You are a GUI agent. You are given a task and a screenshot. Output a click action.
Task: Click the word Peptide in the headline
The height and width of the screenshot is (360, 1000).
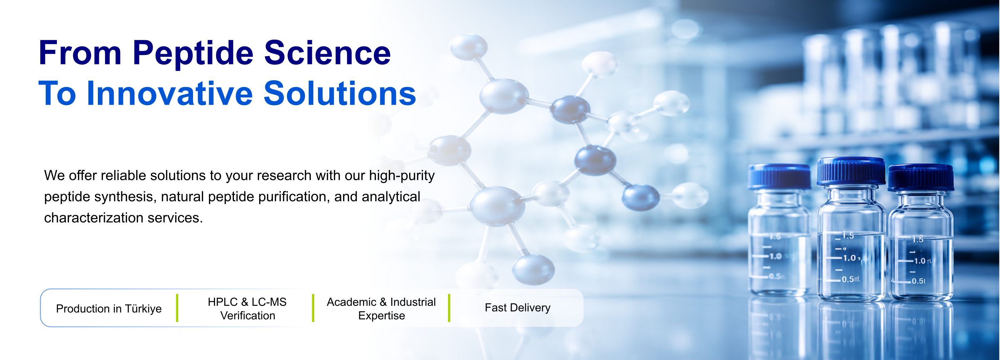(193, 53)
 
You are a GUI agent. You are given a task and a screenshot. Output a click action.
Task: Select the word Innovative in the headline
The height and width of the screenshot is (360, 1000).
(170, 93)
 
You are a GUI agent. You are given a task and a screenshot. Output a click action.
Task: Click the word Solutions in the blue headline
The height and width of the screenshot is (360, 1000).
(340, 93)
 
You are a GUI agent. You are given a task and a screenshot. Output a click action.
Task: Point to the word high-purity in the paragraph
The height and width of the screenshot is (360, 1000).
(401, 176)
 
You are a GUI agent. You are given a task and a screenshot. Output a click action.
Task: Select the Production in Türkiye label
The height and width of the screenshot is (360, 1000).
(109, 309)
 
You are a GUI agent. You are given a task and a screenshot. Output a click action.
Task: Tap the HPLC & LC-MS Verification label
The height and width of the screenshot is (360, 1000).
(247, 309)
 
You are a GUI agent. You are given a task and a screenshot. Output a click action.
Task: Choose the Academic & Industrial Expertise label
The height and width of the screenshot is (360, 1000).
(381, 309)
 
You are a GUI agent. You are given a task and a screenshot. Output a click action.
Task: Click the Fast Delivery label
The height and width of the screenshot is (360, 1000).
(517, 308)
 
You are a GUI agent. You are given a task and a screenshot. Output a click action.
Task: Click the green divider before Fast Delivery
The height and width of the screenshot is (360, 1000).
(449, 308)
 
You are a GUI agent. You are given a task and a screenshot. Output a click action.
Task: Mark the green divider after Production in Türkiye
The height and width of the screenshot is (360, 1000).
(177, 308)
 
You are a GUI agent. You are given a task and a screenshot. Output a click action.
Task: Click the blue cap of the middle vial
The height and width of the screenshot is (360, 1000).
(851, 171)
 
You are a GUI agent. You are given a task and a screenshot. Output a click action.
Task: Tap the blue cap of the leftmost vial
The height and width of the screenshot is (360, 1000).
(780, 176)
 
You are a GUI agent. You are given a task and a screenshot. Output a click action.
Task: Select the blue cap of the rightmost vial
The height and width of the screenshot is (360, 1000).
(921, 177)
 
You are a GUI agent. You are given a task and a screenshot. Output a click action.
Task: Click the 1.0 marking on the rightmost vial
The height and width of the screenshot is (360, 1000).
(920, 261)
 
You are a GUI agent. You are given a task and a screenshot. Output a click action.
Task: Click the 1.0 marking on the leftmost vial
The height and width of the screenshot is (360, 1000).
(775, 256)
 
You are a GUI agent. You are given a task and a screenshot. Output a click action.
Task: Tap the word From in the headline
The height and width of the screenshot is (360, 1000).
(80, 53)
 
